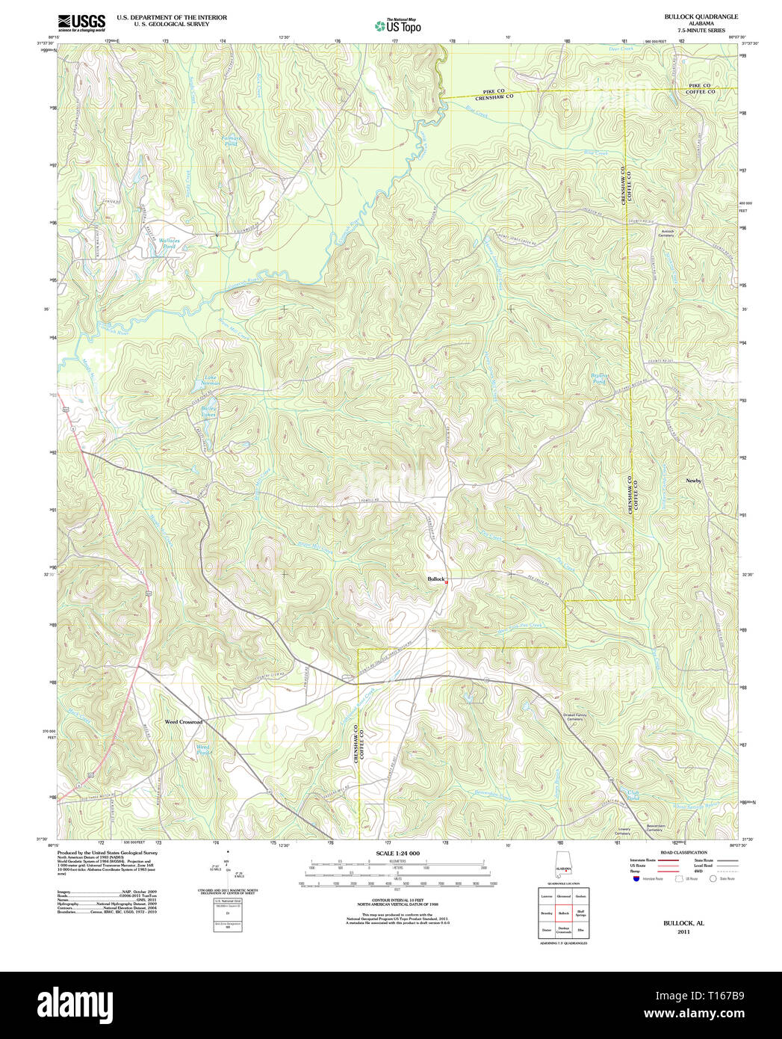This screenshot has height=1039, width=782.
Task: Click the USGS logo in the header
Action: [x=81, y=22]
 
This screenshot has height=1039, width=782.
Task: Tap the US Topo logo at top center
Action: [x=398, y=26]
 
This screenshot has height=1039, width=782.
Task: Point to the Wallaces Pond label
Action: [x=170, y=243]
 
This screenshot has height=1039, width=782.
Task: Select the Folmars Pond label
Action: [x=231, y=141]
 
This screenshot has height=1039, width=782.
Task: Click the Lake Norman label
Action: [x=211, y=380]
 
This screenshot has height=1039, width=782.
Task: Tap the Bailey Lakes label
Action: [x=208, y=410]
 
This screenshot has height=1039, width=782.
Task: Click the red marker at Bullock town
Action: [x=447, y=582]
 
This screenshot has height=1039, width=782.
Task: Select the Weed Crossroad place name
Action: [x=184, y=722]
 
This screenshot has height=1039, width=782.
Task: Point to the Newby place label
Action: [x=693, y=481]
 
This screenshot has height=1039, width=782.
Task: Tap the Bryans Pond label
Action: [x=599, y=378]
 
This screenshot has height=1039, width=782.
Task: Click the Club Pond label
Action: [x=633, y=795]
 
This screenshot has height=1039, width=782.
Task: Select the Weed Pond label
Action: [x=202, y=749]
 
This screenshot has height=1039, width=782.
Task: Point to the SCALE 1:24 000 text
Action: [x=397, y=853]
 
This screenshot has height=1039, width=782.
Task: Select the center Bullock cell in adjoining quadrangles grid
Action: [x=564, y=913]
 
